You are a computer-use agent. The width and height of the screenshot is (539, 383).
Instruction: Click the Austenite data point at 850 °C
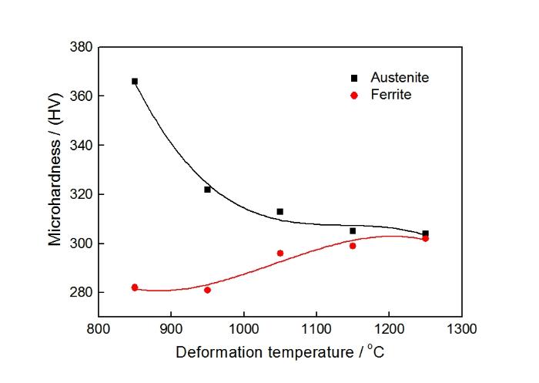click(x=135, y=81)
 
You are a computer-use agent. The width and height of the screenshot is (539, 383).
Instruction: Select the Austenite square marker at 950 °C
click(x=207, y=189)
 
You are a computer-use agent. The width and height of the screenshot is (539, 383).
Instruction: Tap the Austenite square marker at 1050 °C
click(x=280, y=211)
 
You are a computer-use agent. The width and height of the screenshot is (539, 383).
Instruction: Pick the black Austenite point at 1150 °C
click(x=353, y=230)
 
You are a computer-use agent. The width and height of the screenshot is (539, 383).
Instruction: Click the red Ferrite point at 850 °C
click(x=135, y=287)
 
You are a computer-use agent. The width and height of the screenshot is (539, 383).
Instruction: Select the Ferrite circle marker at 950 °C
click(x=207, y=290)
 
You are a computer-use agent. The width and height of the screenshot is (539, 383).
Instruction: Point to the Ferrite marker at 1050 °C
click(x=280, y=253)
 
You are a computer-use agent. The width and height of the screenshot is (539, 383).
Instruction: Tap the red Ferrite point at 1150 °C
click(x=353, y=246)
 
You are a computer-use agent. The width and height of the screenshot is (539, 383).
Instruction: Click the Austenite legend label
click(x=400, y=78)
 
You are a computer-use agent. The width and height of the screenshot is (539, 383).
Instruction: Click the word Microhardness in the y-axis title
click(x=55, y=197)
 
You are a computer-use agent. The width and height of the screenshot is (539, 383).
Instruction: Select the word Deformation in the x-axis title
click(x=213, y=353)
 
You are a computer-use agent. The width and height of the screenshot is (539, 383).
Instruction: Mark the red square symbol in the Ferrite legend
click(x=354, y=96)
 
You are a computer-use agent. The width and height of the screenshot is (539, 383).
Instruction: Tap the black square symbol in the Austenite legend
click(x=354, y=78)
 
